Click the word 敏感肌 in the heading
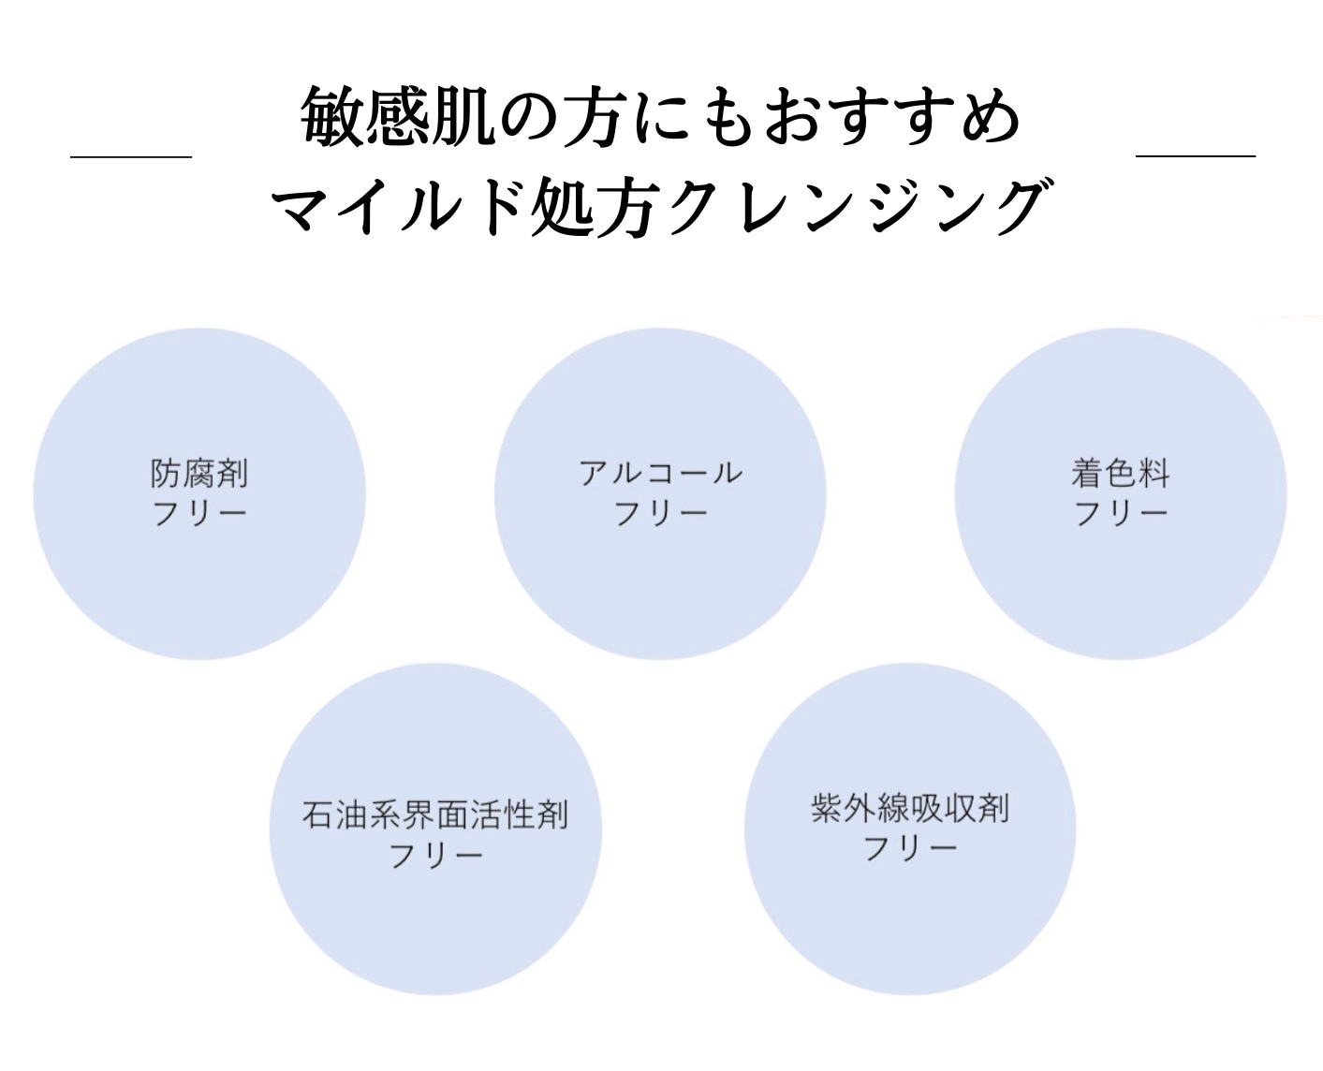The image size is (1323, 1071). click(x=398, y=117)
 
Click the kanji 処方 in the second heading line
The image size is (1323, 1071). click(x=593, y=207)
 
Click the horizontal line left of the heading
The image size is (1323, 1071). click(x=131, y=156)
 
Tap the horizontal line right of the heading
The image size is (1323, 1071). click(x=1196, y=155)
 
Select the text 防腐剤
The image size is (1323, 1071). click(x=199, y=474)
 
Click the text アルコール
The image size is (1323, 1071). click(x=660, y=474)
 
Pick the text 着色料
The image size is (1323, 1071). click(x=1121, y=474)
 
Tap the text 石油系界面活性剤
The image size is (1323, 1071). click(x=435, y=814)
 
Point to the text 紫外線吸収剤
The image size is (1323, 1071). click(x=910, y=808)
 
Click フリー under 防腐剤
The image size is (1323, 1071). click(x=199, y=514)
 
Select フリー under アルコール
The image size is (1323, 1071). click(x=660, y=514)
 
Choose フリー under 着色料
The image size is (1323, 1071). click(x=1121, y=514)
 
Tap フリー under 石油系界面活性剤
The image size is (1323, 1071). click(x=435, y=857)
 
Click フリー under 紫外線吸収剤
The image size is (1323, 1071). click(x=910, y=849)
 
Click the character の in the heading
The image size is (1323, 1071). click(x=529, y=118)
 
